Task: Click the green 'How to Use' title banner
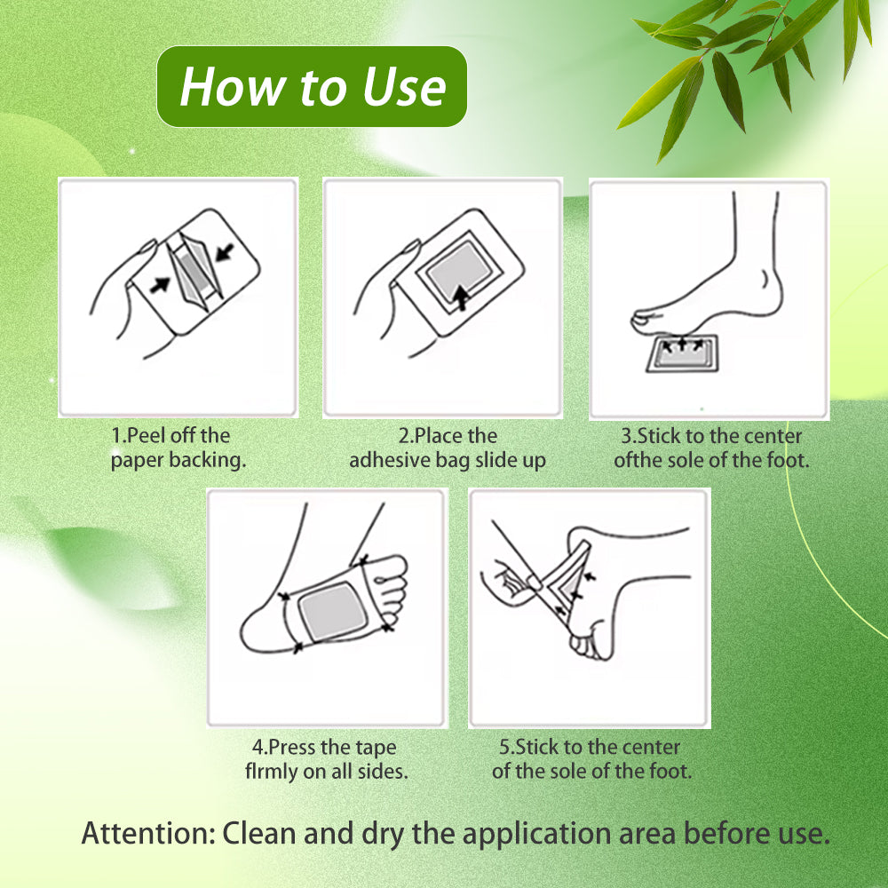click(312, 87)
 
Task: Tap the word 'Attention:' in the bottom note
click(148, 833)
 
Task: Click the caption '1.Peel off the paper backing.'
click(178, 448)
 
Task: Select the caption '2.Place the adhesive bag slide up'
click(448, 448)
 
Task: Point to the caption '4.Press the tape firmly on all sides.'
click(326, 759)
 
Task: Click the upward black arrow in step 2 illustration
click(462, 297)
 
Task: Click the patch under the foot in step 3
click(682, 353)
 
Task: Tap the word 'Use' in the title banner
click(404, 87)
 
